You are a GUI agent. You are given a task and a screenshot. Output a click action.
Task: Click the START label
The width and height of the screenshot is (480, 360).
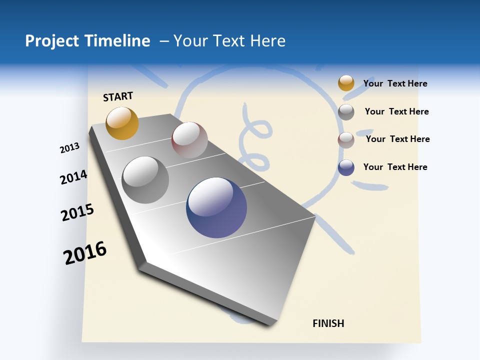point(118,96)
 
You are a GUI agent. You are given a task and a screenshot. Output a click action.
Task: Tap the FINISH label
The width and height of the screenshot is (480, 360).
point(328,323)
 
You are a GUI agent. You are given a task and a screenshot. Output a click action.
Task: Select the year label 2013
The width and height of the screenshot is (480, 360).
point(69,148)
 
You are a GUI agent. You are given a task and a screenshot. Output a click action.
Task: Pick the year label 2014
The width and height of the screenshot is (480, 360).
point(73,177)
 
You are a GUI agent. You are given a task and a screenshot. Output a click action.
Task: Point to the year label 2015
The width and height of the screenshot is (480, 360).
point(77,212)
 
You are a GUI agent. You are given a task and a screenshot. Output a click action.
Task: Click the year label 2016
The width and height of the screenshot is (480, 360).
point(85,253)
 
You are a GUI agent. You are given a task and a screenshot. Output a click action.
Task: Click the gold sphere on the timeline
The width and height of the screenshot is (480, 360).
point(122,123)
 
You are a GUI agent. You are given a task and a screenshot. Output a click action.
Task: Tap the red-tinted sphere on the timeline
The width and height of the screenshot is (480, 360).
point(189,140)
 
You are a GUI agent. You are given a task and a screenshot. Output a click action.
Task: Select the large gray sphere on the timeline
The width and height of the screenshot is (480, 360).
point(145,180)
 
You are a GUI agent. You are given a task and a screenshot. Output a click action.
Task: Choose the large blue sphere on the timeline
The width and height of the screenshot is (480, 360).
point(216,207)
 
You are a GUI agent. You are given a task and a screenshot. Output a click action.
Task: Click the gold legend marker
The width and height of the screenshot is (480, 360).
point(346,83)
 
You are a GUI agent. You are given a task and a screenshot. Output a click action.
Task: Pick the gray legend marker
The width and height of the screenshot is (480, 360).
point(346,111)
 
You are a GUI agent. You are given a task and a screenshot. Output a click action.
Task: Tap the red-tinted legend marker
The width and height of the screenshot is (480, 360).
point(346,139)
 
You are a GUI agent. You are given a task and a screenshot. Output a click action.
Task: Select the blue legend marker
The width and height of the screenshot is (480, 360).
point(346,167)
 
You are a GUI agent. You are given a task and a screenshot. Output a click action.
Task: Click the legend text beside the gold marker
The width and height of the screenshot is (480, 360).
point(395,83)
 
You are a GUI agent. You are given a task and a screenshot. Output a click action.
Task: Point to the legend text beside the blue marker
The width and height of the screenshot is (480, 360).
point(395,167)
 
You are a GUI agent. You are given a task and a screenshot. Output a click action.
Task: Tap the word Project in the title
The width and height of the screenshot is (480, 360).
point(52,41)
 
